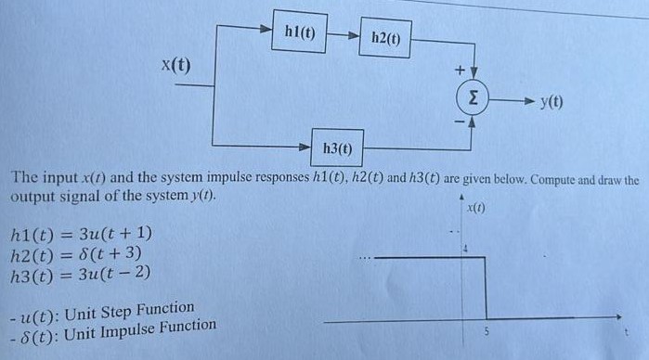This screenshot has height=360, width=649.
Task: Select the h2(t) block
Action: (x=385, y=40)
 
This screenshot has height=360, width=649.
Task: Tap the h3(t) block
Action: (x=336, y=148)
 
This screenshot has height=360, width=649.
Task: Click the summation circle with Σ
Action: (x=474, y=96)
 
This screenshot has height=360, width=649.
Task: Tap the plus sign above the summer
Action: (x=458, y=70)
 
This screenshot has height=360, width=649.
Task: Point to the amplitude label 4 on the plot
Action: (x=468, y=248)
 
